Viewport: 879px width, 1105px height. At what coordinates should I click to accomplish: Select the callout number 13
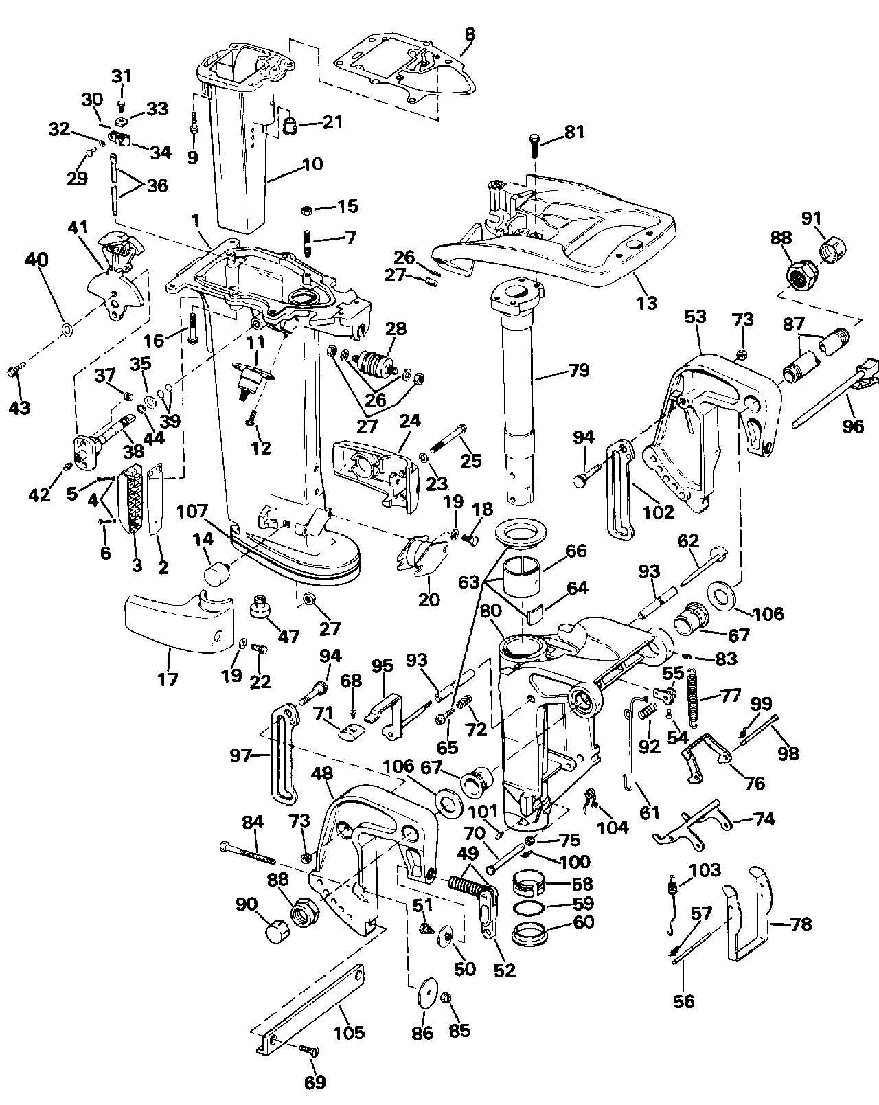pyautogui.click(x=647, y=302)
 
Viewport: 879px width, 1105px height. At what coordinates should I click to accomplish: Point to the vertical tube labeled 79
pyautogui.click(x=521, y=385)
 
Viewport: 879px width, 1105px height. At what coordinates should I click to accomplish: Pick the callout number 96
pyautogui.click(x=854, y=426)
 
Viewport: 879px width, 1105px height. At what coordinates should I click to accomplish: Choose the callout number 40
pyautogui.click(x=37, y=260)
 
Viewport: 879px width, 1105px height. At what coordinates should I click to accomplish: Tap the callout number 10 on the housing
pyautogui.click(x=312, y=165)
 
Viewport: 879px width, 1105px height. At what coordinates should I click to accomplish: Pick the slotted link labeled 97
pyautogui.click(x=284, y=755)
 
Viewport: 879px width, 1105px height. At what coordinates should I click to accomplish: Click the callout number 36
pyautogui.click(x=157, y=185)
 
